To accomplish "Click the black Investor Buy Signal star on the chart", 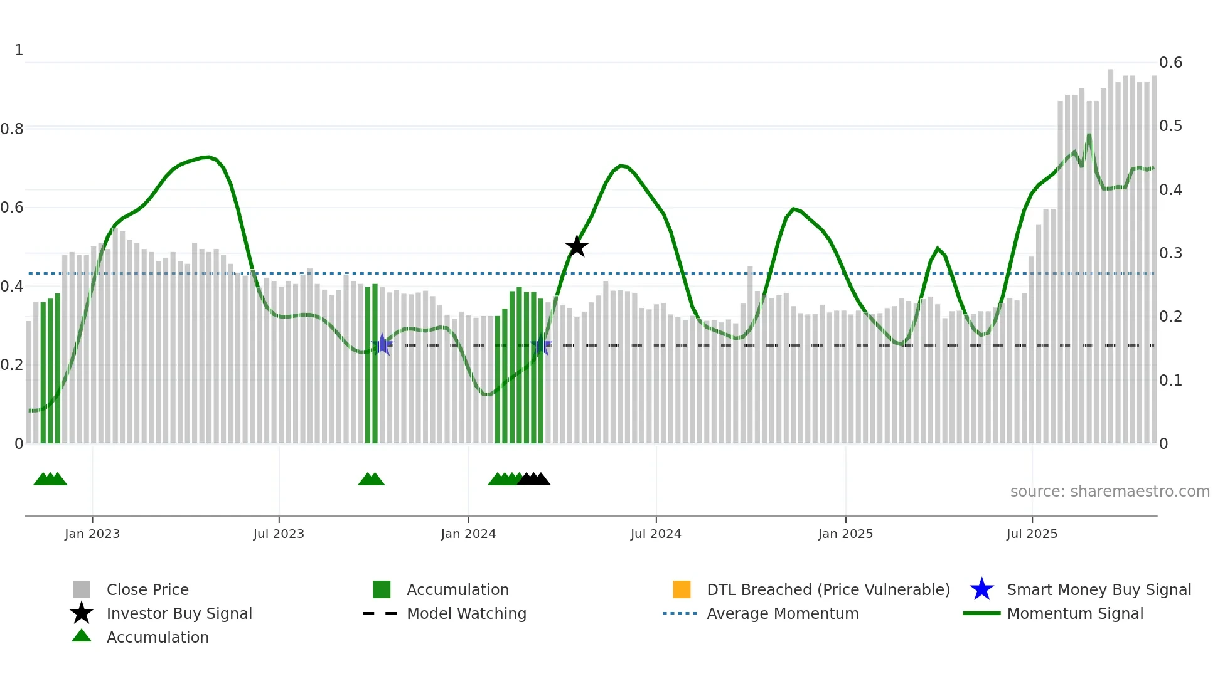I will click(576, 247).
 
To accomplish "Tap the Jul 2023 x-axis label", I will click(279, 534).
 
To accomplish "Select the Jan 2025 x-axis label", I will click(845, 534).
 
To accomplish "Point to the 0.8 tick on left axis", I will click(13, 129).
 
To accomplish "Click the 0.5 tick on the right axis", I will click(1170, 126).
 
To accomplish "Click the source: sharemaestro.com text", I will click(1110, 492).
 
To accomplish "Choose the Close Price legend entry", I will click(147, 589).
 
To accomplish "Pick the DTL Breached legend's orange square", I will click(682, 589).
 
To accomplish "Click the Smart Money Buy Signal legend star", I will click(981, 589).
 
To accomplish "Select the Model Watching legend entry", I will click(466, 613).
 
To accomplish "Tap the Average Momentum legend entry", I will click(783, 613).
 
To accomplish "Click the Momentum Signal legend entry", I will click(1075, 613).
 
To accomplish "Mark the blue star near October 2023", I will click(382, 344).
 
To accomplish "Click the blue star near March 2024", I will click(541, 345).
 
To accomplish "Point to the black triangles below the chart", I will click(533, 479).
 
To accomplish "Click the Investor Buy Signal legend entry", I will click(179, 613).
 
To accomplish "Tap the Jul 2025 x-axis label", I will click(1032, 534).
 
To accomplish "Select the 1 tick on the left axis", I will click(19, 50).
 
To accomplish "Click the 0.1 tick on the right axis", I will click(1170, 381).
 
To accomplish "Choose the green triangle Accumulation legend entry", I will click(157, 637).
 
